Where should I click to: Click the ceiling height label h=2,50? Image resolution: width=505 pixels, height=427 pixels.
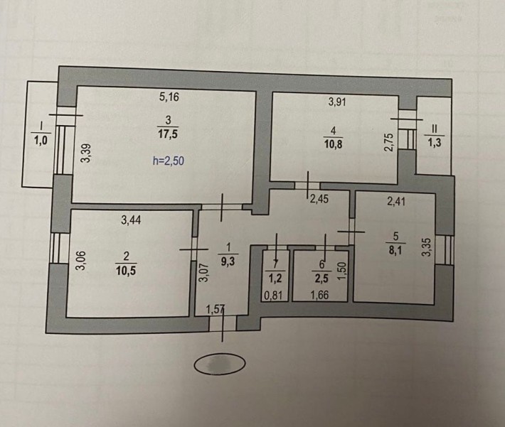point(168,161)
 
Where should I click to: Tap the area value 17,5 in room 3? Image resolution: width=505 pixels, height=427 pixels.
point(168,134)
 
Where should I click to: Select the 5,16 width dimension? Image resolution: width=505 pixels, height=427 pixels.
point(169,97)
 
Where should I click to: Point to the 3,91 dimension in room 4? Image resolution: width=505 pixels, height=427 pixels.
point(337,102)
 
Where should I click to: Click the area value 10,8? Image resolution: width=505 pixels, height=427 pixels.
point(334,144)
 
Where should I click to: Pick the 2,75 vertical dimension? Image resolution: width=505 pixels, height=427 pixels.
point(389,142)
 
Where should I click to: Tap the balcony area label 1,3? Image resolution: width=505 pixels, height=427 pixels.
point(435,143)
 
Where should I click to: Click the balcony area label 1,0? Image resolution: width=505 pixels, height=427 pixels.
point(41,140)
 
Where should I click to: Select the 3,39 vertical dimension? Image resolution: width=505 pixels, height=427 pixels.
point(85,153)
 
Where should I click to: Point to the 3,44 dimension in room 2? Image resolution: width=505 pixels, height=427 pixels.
point(131,220)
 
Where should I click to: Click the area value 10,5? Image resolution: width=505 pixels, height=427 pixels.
point(126,271)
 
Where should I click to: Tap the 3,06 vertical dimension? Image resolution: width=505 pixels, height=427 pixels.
point(81,260)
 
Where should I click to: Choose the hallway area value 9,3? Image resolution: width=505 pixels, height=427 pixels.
point(228,261)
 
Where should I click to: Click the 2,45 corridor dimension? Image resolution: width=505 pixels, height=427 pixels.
point(319,199)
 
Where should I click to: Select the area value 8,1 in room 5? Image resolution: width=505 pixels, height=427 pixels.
point(395,250)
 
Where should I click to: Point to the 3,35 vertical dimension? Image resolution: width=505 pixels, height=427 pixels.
point(427,247)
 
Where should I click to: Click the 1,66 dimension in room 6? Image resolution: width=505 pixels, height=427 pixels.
point(319,295)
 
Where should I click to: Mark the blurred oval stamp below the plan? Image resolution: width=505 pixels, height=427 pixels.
point(220,364)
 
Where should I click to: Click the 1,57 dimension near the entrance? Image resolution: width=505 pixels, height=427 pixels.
point(215,310)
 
